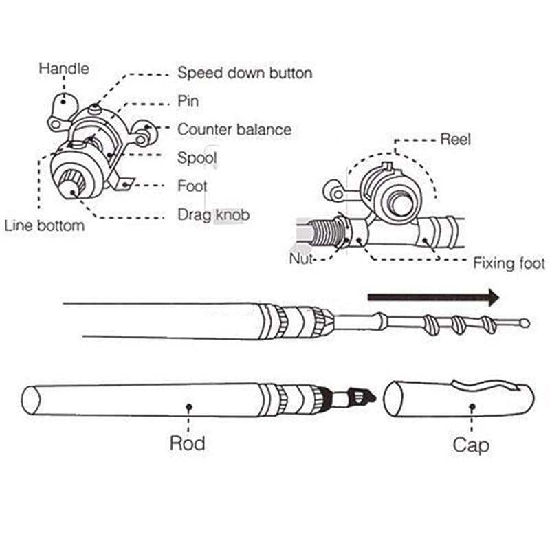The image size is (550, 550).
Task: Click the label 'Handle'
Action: pos(64,69)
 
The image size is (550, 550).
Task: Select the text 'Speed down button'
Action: pos(245,73)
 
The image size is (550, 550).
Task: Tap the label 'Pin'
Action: pos(188,101)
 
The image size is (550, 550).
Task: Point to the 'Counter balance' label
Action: pos(234,129)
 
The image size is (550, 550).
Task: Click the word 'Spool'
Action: pos(197,158)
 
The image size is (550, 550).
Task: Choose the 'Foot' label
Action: pos(192,186)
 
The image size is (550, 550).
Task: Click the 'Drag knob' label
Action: pos(213,215)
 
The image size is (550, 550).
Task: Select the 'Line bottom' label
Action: pos(44,225)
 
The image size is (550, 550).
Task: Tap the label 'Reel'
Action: pos(455,140)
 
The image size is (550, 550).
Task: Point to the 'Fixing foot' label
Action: pos(509,263)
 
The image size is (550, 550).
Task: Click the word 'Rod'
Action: pos(188,443)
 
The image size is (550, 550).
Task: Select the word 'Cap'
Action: pos(471,445)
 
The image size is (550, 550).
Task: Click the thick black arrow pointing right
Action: pos(433,298)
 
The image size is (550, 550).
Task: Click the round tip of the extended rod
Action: pos(525,322)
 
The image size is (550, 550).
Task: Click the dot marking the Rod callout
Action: pos(188,407)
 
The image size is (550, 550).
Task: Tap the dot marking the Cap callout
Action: pos(472,407)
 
